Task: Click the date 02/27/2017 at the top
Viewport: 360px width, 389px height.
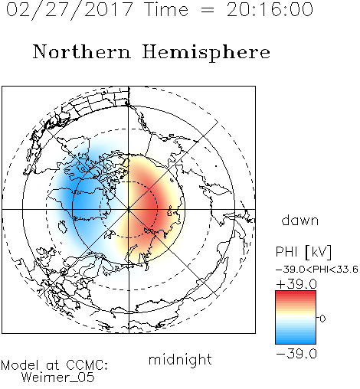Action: point(69,10)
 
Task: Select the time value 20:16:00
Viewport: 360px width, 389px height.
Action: point(270,9)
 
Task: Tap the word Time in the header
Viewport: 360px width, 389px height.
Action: point(166,9)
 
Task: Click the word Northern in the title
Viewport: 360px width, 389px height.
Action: point(82,51)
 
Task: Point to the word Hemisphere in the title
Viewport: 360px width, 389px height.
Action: point(206,53)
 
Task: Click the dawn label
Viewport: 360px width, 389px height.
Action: point(300,221)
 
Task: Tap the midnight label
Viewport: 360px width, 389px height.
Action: point(180,360)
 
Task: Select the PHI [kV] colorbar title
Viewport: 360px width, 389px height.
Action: point(303,252)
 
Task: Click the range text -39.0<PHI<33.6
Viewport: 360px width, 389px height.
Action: point(317,270)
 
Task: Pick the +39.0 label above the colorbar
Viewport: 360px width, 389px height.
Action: point(296,284)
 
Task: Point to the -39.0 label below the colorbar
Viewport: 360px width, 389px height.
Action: point(296,354)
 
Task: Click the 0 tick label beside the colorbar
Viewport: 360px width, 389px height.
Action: point(322,319)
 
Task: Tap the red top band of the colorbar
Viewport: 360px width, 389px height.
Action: point(296,296)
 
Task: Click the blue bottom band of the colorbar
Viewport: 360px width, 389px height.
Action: point(296,339)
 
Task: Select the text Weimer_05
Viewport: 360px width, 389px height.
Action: point(57,378)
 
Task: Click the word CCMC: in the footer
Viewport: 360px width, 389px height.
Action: point(87,365)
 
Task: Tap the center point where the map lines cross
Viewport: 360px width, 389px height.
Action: point(129,209)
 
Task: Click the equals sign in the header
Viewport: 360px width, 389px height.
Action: point(208,10)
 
